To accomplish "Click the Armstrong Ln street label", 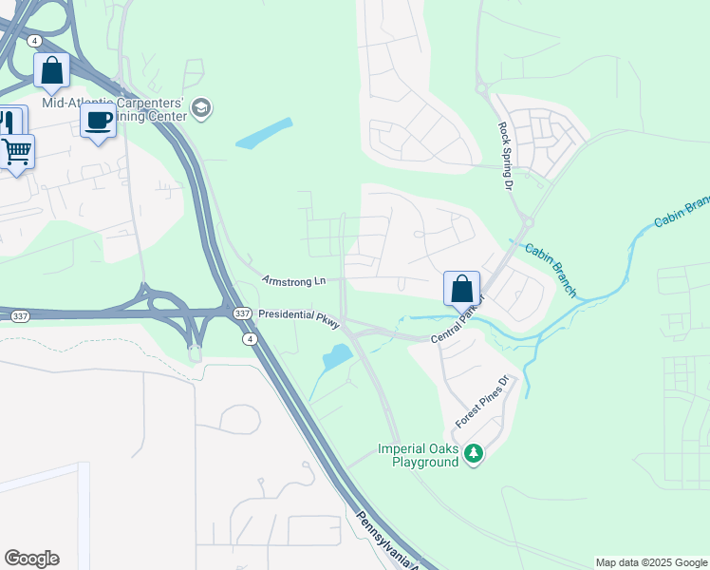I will coord(294,281).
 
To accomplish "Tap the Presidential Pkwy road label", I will coord(298,318).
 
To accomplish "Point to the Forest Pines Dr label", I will coord(482,401).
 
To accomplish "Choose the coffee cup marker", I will coord(98,121).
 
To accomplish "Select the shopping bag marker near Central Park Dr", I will coord(461,288).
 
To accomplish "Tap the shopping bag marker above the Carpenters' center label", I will coord(51,70).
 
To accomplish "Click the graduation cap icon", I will coord(200,109).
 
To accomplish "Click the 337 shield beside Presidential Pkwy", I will coord(241,313).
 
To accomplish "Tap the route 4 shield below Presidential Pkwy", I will coord(249,338).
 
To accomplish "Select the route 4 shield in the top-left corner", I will coord(34,41).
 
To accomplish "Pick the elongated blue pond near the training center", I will coord(264,134).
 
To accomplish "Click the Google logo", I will coord(31,559).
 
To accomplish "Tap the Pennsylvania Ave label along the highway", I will coord(387,542).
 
